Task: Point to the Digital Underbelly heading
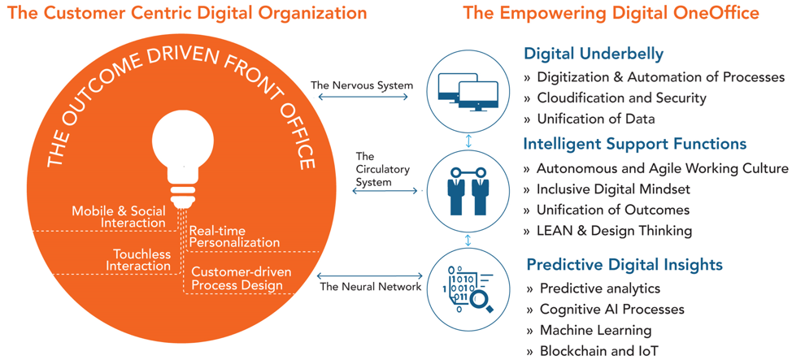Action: [593, 54]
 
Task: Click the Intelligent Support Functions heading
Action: [635, 144]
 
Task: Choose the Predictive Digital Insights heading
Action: [624, 264]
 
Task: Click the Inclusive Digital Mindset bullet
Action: [607, 189]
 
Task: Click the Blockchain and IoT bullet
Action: [593, 350]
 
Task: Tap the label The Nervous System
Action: [362, 85]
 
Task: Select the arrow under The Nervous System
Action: [362, 96]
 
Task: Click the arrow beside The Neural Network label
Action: [369, 275]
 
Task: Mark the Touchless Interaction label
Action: [141, 259]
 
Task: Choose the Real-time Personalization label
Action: [234, 236]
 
